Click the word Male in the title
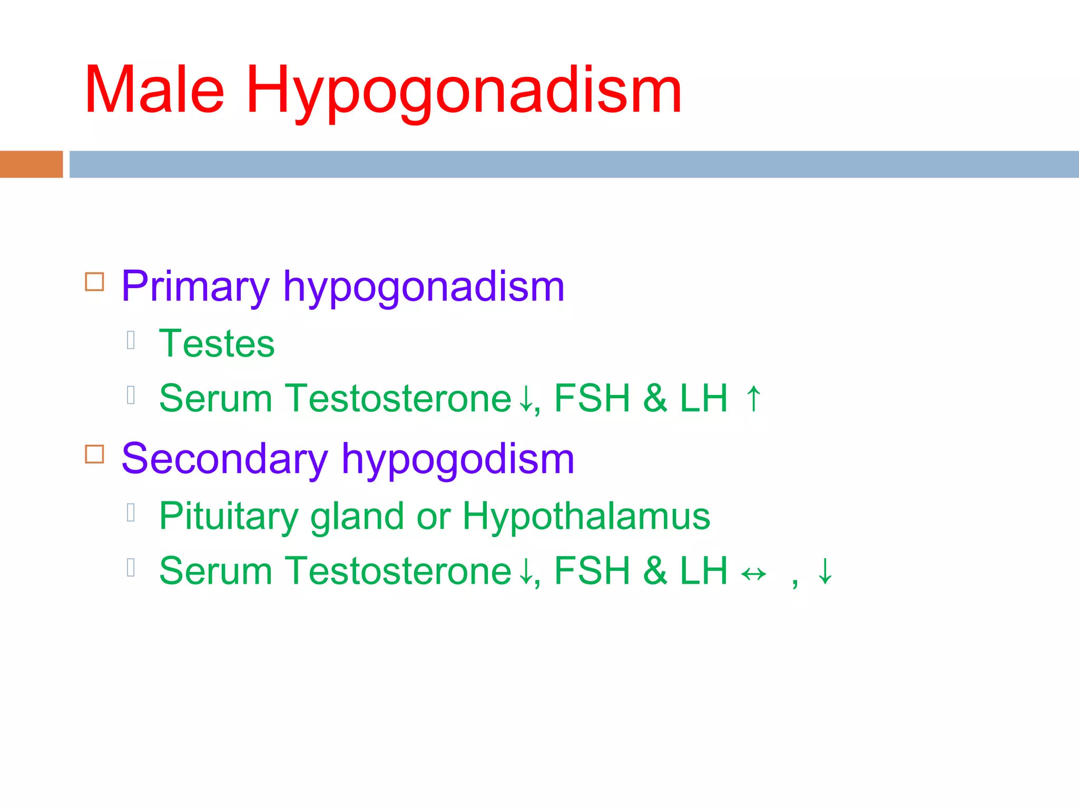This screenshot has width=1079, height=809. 154,90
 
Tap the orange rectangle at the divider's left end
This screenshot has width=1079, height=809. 31,164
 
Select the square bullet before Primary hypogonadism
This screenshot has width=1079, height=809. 94,282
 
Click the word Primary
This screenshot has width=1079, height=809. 195,287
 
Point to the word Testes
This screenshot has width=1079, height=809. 217,343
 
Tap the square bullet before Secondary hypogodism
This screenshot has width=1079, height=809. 94,454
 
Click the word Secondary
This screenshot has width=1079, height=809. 224,459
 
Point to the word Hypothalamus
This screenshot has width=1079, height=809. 586,516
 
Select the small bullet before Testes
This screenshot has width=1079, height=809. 131,340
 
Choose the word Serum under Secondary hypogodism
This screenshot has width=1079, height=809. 215,571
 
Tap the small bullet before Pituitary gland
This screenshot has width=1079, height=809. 131,512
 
